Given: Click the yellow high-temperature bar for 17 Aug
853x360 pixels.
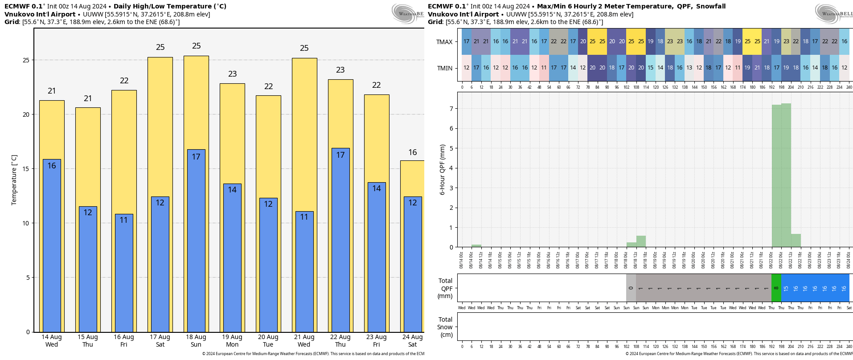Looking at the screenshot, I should pyautogui.click(x=160, y=125).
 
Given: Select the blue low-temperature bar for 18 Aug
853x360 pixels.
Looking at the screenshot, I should pyautogui.click(x=196, y=241).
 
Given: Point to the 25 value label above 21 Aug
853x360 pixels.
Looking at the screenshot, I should pyautogui.click(x=304, y=48).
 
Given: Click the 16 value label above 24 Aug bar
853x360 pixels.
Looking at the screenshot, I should pyautogui.click(x=413, y=152).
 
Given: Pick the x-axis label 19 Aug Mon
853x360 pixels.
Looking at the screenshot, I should pyautogui.click(x=232, y=341).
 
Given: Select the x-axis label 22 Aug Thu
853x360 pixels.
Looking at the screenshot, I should pyautogui.click(x=340, y=341).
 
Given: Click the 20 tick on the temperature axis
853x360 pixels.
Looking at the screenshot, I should pyautogui.click(x=26, y=115).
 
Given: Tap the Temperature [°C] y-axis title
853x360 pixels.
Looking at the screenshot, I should pyautogui.click(x=14, y=180).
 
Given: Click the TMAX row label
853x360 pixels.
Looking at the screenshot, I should pyautogui.click(x=444, y=42).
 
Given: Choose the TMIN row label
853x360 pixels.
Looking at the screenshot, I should pyautogui.click(x=444, y=68).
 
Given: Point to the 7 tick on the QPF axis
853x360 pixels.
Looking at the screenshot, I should pyautogui.click(x=451, y=109).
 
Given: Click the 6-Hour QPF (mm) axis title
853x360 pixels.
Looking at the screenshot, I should pyautogui.click(x=443, y=170).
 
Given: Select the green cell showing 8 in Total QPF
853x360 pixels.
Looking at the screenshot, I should pyautogui.click(x=776, y=288).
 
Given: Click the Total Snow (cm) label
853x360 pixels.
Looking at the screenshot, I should pyautogui.click(x=445, y=327).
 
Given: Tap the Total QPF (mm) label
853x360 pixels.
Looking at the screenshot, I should pyautogui.click(x=445, y=288).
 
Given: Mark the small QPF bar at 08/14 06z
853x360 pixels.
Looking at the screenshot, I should pyautogui.click(x=476, y=245).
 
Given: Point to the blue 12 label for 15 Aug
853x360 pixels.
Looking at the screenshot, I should pyautogui.click(x=88, y=213).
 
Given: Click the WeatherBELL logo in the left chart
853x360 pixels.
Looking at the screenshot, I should pyautogui.click(x=407, y=13).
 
